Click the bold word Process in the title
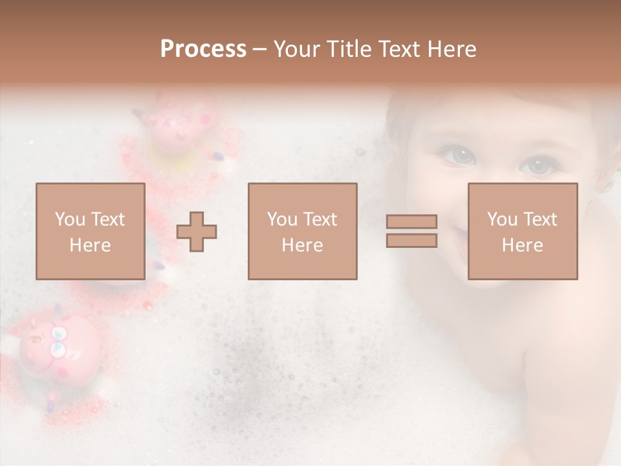coord(203,49)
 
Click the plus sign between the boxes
coord(197,231)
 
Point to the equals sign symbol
coord(411,231)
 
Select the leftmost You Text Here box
coord(91,231)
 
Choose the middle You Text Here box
coord(302,231)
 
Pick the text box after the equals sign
coord(523,231)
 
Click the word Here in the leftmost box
coord(90,245)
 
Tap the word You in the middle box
coord(282,219)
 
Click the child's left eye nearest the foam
coord(459,155)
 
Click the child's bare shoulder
coord(556,362)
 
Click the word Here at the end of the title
coord(453,49)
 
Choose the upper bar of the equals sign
coord(411,221)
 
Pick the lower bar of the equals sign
coord(411,241)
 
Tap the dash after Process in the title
coord(260,49)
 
